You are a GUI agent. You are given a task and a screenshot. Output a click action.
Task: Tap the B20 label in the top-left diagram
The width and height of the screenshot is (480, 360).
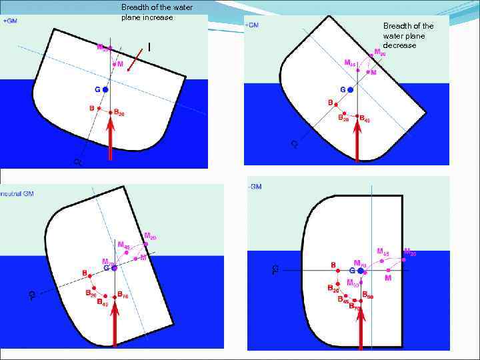tap(117, 113)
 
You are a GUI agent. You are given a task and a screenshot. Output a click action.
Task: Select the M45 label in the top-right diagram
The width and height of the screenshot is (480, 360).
tap(350, 63)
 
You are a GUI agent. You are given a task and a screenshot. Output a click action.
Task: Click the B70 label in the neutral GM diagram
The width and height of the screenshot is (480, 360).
tap(122, 295)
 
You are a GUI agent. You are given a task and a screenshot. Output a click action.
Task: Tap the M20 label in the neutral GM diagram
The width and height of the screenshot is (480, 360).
tap(151, 235)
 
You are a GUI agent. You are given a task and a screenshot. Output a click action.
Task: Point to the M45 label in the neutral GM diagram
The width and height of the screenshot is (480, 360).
tap(124, 245)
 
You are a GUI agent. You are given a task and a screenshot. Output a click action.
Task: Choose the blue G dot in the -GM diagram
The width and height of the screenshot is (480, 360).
tap(361, 271)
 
